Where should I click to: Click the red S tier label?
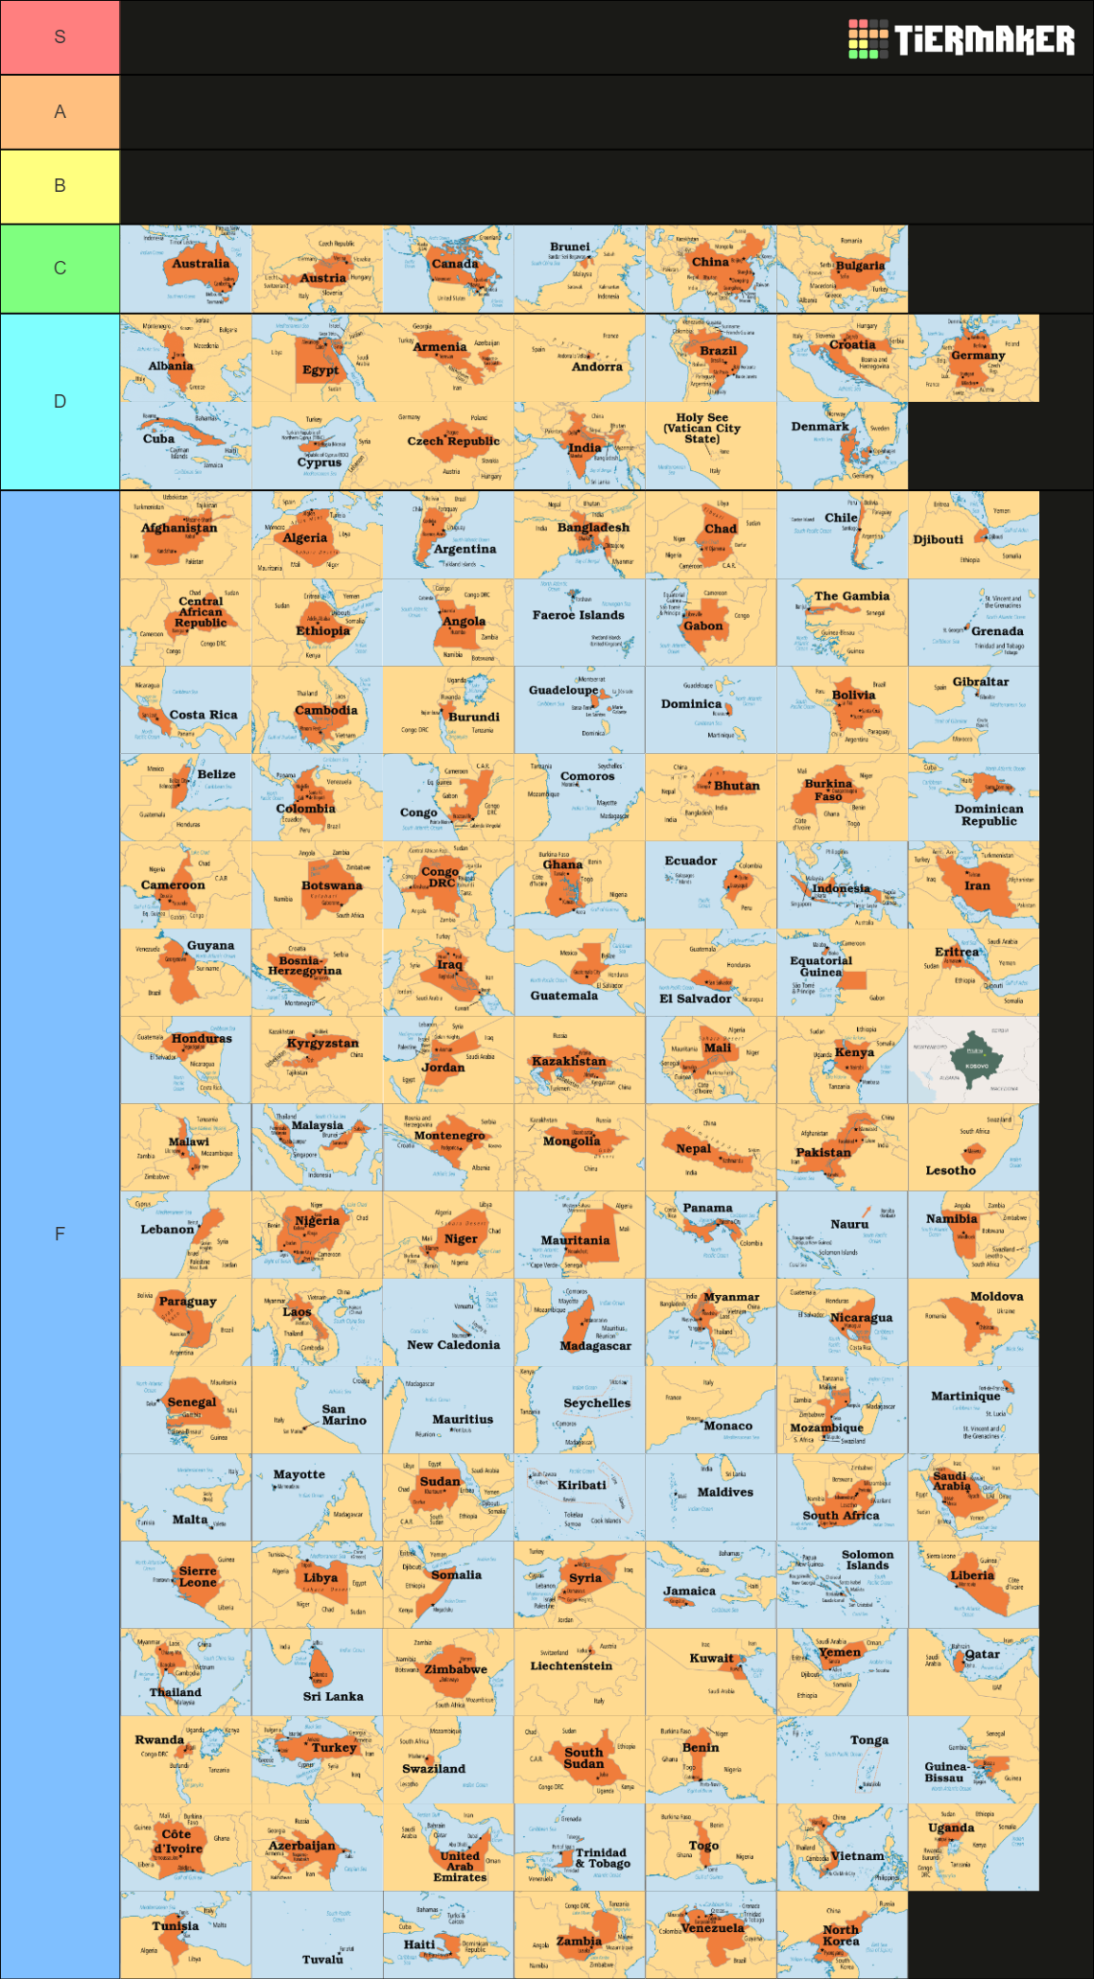click(59, 37)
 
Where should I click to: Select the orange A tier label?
click(59, 112)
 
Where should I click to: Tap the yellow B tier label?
click(59, 186)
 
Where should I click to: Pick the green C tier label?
click(59, 269)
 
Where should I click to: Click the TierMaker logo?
click(962, 39)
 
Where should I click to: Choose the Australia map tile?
click(186, 269)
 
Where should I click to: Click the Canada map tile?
click(448, 269)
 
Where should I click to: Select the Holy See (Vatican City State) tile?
click(711, 445)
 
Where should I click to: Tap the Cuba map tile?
click(186, 445)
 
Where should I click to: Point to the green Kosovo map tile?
click(974, 1060)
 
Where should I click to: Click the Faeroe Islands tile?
click(580, 622)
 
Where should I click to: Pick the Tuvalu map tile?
click(318, 1934)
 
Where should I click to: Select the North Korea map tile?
click(843, 1934)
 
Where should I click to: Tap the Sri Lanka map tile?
click(318, 1672)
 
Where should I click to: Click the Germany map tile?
click(974, 358)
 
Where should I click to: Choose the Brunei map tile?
click(580, 269)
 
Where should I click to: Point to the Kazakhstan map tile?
click(580, 1060)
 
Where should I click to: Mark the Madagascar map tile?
click(580, 1322)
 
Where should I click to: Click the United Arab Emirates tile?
click(448, 1847)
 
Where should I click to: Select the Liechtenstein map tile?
click(580, 1672)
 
